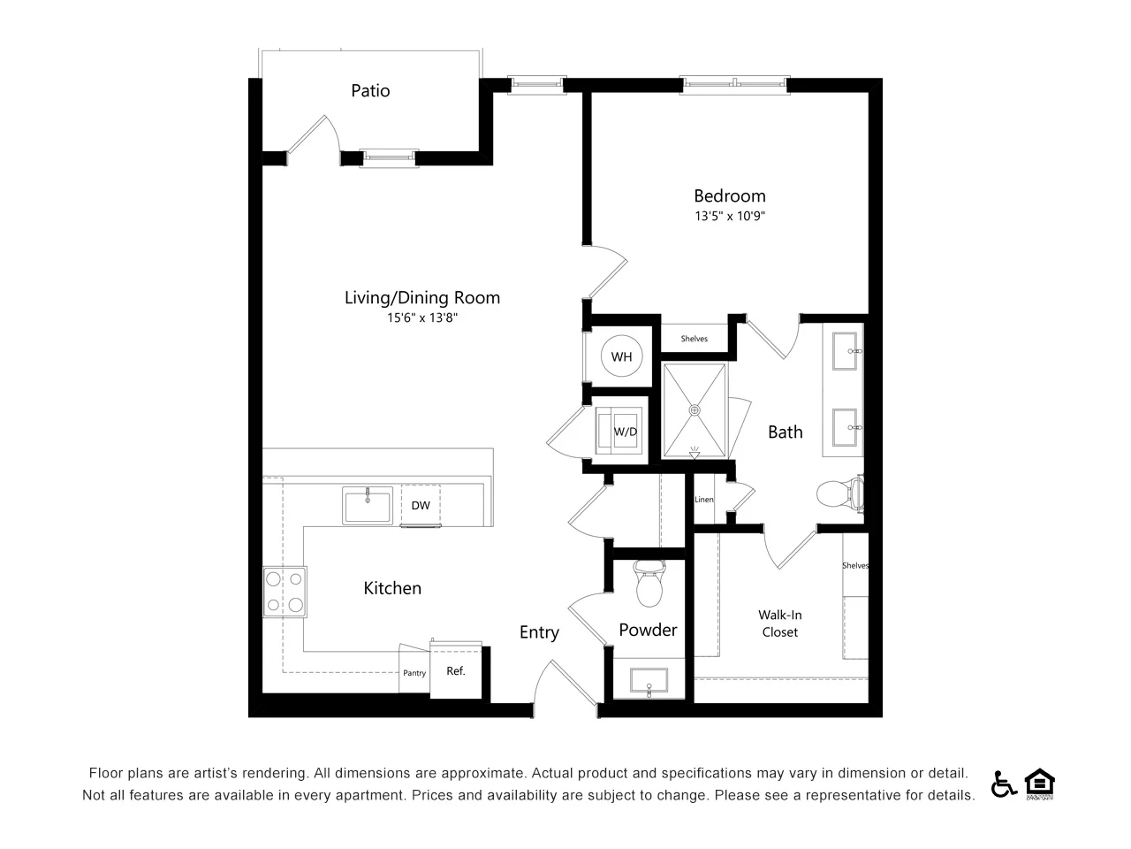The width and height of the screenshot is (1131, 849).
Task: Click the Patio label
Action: [370, 91]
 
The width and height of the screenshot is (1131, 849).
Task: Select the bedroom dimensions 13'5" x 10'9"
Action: [730, 216]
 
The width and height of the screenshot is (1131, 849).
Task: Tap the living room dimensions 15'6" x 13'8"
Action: [422, 317]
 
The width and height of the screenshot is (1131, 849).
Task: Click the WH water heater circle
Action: [621, 356]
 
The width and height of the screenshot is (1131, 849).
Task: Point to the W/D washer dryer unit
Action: [619, 431]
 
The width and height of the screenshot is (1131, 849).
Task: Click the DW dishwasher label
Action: [421, 505]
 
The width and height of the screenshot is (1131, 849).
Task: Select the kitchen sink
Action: [368, 506]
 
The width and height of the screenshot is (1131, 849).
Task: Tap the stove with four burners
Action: [285, 592]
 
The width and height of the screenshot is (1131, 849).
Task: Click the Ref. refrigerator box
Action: [456, 670]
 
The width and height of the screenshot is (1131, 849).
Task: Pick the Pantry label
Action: [414, 673]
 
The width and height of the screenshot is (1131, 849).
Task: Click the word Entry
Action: [539, 632]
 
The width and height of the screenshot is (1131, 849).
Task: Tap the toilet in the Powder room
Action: [649, 583]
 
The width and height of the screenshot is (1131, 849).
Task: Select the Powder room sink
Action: [649, 680]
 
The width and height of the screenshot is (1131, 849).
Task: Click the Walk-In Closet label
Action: [779, 623]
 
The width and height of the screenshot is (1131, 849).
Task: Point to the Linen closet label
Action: [704, 500]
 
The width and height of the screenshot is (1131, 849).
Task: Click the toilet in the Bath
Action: [840, 493]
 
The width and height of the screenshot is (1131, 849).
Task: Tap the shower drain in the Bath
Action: [695, 410]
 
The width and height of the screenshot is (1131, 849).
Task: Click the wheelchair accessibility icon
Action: [1003, 784]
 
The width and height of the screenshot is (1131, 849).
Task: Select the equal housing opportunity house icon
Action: [1039, 784]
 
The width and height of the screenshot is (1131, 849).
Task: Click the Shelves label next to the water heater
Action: [694, 339]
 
